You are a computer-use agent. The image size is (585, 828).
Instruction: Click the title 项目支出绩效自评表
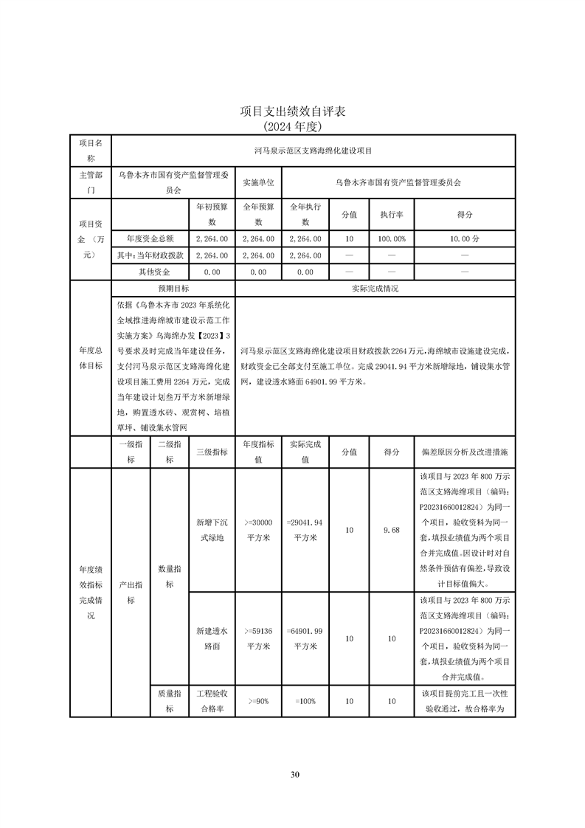click(293, 111)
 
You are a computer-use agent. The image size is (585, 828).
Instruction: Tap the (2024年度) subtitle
click(293, 126)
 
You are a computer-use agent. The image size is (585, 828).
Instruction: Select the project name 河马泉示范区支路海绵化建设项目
click(313, 151)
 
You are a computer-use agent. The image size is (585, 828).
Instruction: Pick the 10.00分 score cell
click(465, 239)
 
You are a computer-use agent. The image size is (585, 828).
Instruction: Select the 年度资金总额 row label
click(150, 239)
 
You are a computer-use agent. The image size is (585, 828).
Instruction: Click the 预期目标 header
click(173, 289)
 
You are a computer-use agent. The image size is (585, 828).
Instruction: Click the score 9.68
click(392, 530)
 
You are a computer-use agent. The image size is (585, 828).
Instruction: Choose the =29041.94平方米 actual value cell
click(305, 530)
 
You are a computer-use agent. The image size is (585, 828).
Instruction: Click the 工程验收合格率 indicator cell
click(212, 701)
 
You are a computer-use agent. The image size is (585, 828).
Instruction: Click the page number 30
click(294, 774)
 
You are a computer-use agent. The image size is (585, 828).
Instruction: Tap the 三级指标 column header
click(212, 451)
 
